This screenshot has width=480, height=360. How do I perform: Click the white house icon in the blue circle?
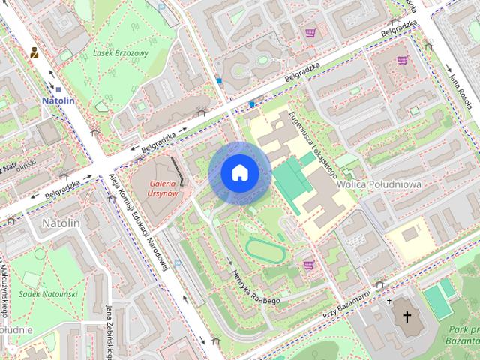point(239,173)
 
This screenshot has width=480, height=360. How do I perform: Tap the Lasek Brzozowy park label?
point(121,54)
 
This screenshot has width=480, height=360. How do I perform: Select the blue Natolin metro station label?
point(58,100)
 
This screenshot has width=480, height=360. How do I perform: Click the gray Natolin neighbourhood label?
point(60,223)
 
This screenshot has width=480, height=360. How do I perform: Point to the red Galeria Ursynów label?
point(163,188)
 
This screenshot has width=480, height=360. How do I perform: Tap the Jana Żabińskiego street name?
point(109,331)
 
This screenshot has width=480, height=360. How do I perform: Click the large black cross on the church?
point(407,316)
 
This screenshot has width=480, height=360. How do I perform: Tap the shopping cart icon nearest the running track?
point(308,264)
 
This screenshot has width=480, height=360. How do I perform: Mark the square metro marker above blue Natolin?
point(58,89)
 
